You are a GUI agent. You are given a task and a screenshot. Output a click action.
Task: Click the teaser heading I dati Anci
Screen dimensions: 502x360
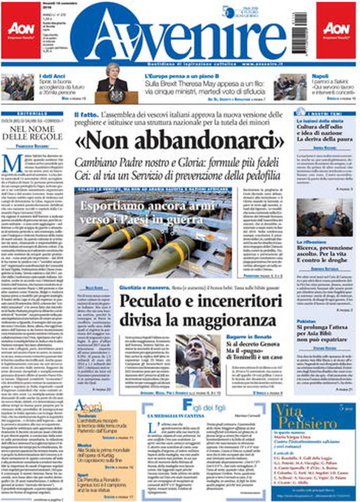[52, 77]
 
